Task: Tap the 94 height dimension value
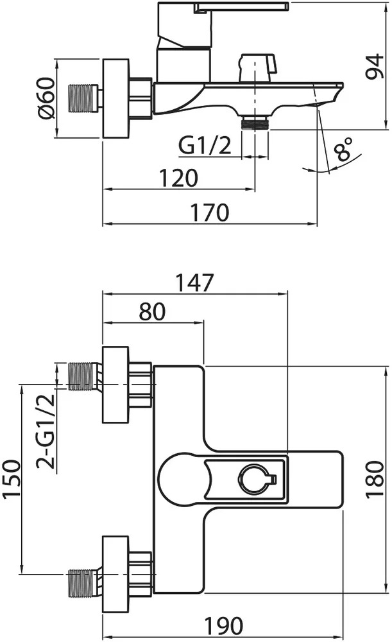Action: click(x=375, y=66)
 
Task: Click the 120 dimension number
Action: click(x=178, y=178)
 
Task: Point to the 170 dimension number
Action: click(x=210, y=213)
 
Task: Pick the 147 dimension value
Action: click(x=194, y=282)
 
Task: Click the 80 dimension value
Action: click(x=152, y=311)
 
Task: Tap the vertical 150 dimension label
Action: click(x=12, y=479)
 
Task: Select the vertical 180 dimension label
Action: click(x=375, y=479)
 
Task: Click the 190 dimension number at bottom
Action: click(x=223, y=625)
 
